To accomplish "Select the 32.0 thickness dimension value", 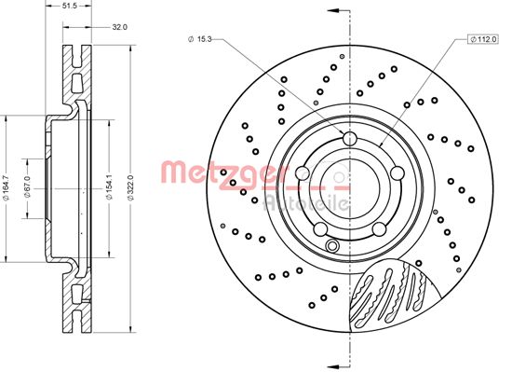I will [x=119, y=27].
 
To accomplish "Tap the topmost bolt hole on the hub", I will [x=350, y=140].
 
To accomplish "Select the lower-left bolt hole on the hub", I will [x=322, y=227].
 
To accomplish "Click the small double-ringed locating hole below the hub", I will [x=332, y=246].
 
